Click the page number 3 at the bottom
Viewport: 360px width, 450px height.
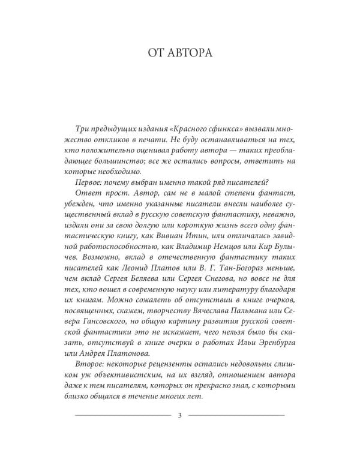coord(179,415)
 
